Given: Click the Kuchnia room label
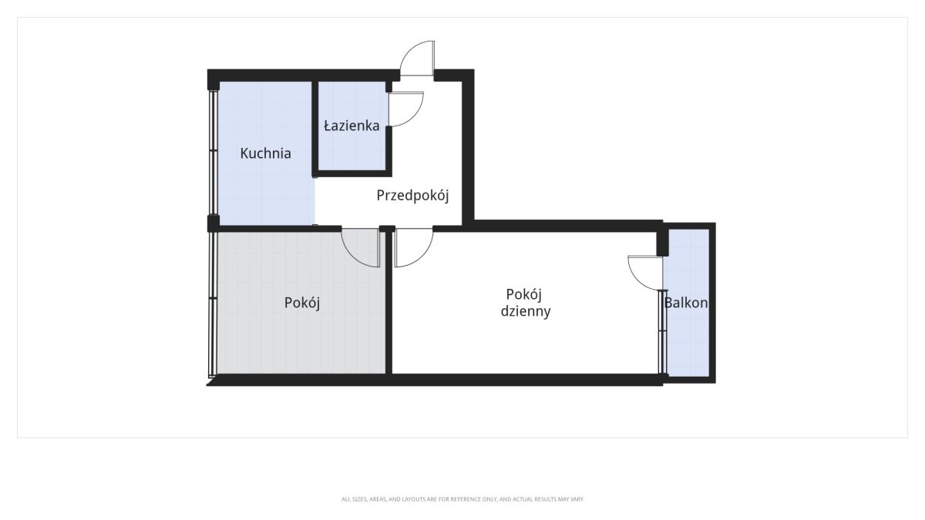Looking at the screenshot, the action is [x=265, y=153].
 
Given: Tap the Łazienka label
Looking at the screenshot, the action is [x=351, y=125].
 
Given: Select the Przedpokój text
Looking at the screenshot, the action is [x=412, y=196].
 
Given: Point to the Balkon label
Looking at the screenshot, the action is [x=686, y=303].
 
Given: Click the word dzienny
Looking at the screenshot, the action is [x=526, y=311].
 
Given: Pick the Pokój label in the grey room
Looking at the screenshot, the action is [x=302, y=303].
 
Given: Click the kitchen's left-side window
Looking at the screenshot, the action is [x=213, y=153].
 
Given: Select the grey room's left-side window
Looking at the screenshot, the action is [x=213, y=304].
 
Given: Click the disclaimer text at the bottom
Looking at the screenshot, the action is [x=462, y=499].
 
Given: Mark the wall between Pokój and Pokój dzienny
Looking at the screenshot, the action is [x=388, y=303].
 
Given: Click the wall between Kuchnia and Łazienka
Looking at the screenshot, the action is [x=315, y=129].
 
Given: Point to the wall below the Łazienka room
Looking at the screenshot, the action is [x=351, y=173].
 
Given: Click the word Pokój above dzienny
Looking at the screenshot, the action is [x=524, y=294].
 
